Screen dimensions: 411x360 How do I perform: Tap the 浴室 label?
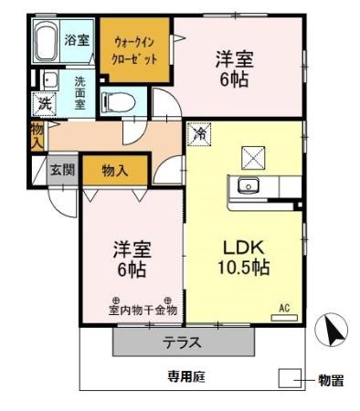pyautogui.click(x=77, y=39)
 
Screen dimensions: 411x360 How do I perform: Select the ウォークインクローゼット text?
pyautogui.click(x=134, y=49)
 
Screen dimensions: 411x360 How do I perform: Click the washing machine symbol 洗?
pyautogui.click(x=44, y=103)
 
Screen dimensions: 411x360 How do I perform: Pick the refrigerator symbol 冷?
pyautogui.click(x=198, y=133)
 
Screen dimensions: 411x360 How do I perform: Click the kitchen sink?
pyautogui.click(x=249, y=185)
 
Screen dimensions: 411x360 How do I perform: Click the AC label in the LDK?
pyautogui.click(x=284, y=310)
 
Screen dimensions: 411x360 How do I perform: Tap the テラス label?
pyautogui.click(x=183, y=343)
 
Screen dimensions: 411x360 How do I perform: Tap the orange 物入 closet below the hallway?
pyautogui.click(x=115, y=169)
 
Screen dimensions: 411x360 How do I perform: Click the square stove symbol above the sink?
pyautogui.click(x=253, y=156)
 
